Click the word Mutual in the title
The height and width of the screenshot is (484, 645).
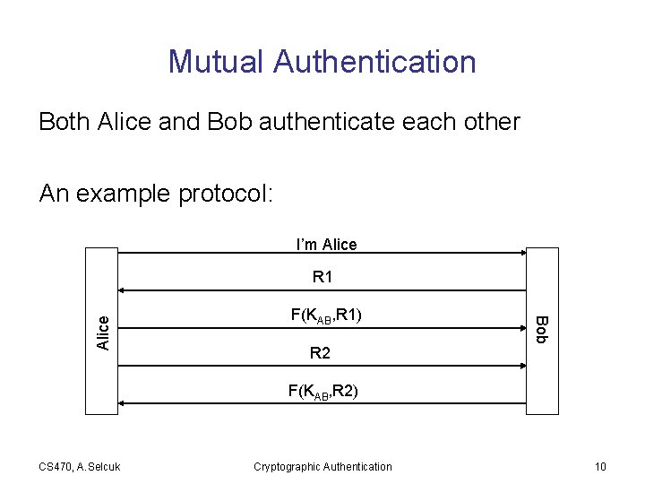[x=216, y=62]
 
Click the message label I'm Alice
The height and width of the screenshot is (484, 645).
[x=326, y=245]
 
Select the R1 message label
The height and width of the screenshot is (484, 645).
[x=322, y=278]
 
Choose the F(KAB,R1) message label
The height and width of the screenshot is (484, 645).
[x=326, y=315]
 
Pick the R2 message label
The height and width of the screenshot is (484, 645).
[x=320, y=354]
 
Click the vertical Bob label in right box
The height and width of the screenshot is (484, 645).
[x=541, y=329]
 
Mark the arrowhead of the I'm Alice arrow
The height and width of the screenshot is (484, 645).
[x=522, y=254]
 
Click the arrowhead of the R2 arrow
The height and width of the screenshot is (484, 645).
[x=522, y=366]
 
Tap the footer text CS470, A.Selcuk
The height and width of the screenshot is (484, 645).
[x=81, y=466]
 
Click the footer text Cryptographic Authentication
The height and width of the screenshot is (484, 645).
[x=322, y=466]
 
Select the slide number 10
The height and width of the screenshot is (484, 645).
[x=599, y=466]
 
